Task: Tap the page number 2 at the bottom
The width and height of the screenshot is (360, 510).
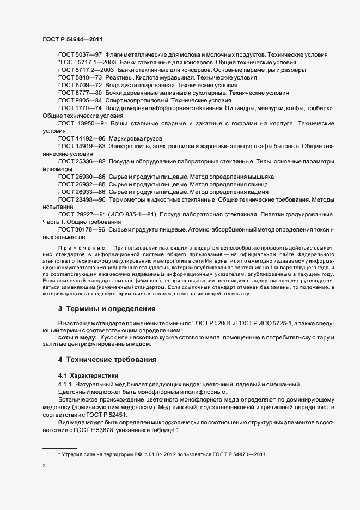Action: point(44,466)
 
